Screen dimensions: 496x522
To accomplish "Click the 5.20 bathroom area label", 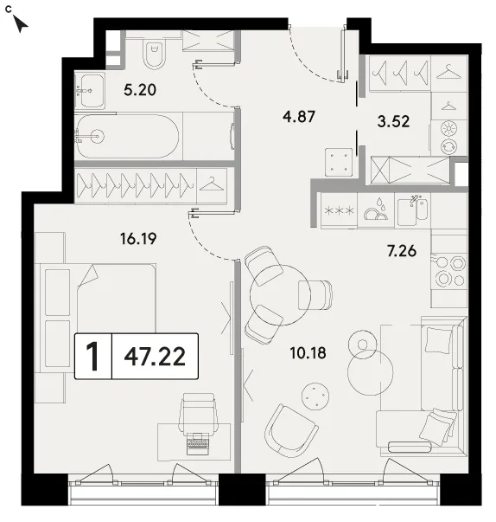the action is [140, 90].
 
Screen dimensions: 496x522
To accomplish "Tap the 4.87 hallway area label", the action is [299, 117].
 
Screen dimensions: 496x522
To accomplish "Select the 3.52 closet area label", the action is [393, 121].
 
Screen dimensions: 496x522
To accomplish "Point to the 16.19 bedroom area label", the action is [138, 239].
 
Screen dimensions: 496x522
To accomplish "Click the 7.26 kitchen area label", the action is [402, 251].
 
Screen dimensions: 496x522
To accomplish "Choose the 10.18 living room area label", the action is [308, 353].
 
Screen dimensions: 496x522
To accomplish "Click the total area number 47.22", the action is [155, 357].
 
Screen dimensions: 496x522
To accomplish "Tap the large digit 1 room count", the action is [92, 356].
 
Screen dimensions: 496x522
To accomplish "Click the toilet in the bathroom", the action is [155, 54].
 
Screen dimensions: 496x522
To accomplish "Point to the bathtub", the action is [127, 137].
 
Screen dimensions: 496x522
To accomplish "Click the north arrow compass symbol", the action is [20, 23].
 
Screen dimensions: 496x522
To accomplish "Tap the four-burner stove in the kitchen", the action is [449, 272].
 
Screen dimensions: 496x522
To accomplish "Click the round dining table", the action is [280, 295].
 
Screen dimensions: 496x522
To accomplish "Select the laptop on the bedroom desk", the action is [198, 443].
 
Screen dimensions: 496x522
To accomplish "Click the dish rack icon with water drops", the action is [376, 210].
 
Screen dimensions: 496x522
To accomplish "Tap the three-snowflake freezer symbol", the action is [339, 210].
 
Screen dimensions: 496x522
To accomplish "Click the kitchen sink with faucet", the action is [413, 210].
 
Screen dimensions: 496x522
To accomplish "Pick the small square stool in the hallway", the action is [339, 162].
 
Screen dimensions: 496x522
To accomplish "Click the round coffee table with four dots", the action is [315, 396].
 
